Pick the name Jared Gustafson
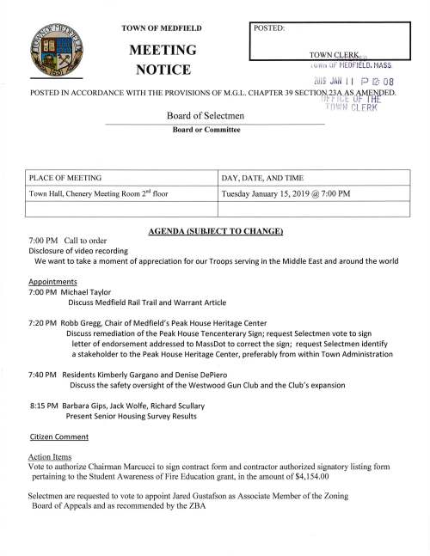tap(228, 497)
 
